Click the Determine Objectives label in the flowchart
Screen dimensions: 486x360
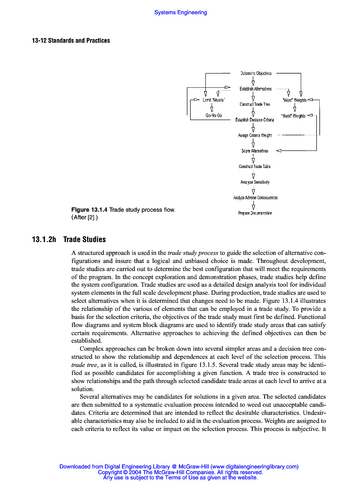pyautogui.click(x=256, y=73)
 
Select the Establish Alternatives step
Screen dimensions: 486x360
pyautogui.click(x=255, y=89)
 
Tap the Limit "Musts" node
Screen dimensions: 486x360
pyautogui.click(x=214, y=100)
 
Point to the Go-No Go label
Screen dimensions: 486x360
pyautogui.click(x=213, y=115)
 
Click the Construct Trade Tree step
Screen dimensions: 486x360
pyautogui.click(x=255, y=104)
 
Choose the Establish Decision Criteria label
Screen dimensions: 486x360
pyautogui.click(x=255, y=120)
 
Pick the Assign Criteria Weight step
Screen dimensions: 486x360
pyautogui.click(x=255, y=135)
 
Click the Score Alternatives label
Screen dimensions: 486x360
pyautogui.click(x=255, y=151)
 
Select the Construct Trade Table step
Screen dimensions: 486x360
pyautogui.click(x=255, y=166)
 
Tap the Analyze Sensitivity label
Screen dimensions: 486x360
pyautogui.click(x=255, y=182)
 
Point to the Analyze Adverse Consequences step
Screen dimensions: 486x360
pyautogui.click(x=255, y=197)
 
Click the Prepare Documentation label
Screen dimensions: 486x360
pyautogui.click(x=255, y=213)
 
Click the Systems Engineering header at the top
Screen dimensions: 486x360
pyautogui.click(x=180, y=12)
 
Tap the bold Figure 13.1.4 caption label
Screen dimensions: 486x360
pyautogui.click(x=89, y=210)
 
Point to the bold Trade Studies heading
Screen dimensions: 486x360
pyautogui.click(x=84, y=239)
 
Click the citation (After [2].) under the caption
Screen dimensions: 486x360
pyautogui.click(x=87, y=218)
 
